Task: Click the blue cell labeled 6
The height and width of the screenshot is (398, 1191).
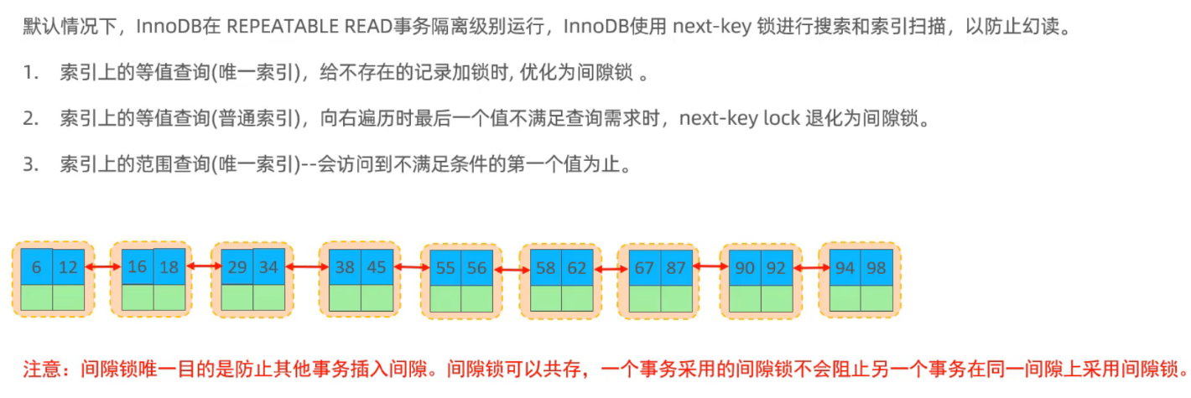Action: tap(36, 266)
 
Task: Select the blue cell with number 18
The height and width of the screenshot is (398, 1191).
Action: tap(169, 266)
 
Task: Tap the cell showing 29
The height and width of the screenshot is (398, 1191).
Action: tap(237, 266)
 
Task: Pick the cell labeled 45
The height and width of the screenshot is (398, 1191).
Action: tap(377, 266)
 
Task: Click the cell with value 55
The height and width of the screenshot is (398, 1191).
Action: tap(445, 268)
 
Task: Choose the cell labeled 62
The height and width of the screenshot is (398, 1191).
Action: tap(577, 268)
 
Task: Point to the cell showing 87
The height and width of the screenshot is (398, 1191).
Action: tap(676, 268)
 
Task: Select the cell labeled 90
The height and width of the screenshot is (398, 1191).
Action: tap(744, 268)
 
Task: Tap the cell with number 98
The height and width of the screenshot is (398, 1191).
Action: tap(876, 266)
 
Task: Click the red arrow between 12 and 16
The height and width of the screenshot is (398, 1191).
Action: tap(102, 266)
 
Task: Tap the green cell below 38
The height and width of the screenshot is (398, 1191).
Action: tap(345, 298)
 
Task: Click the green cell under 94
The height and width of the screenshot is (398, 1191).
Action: tap(845, 298)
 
